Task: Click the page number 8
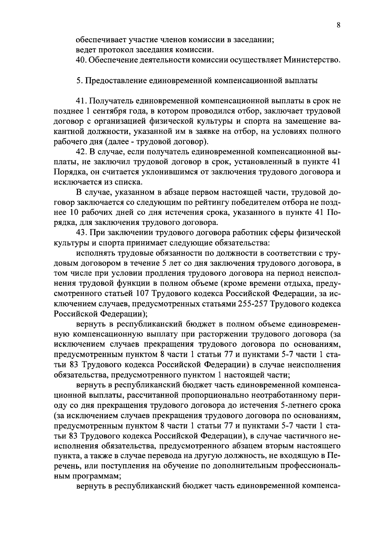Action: pos(338,26)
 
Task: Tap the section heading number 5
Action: pos(79,81)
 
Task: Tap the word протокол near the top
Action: pos(116,50)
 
